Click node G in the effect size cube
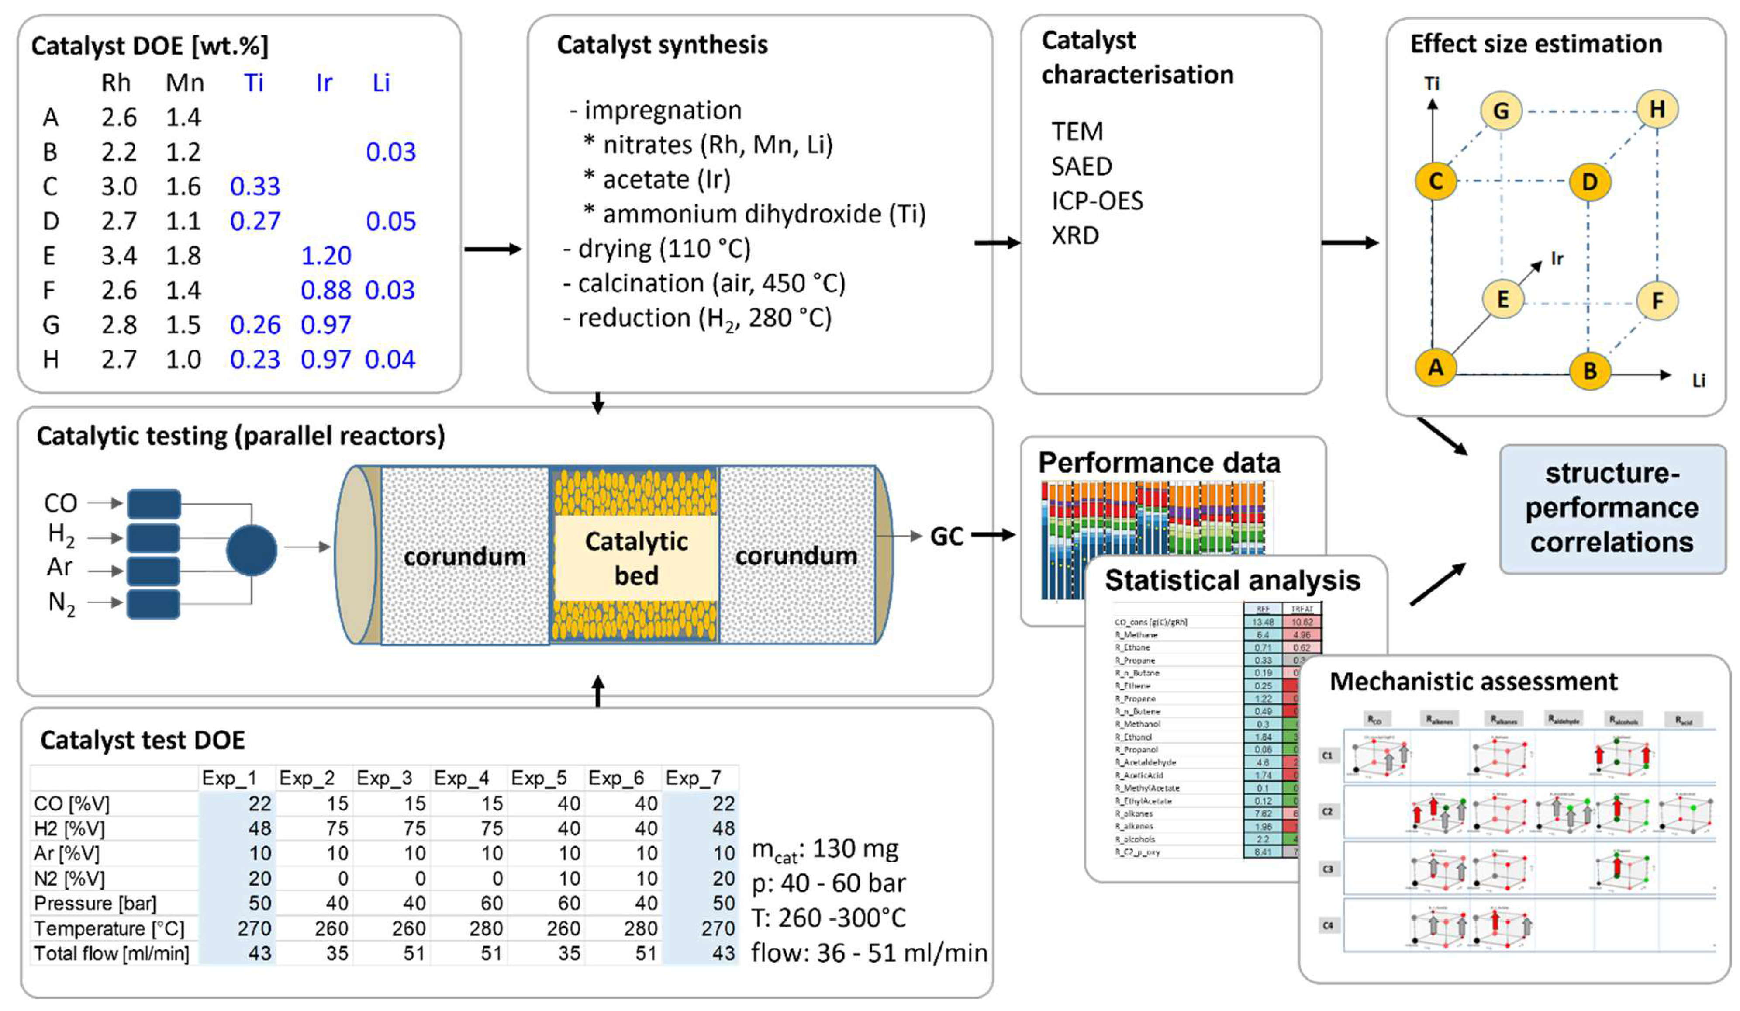[x=1501, y=111]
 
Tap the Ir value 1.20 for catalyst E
[x=326, y=256]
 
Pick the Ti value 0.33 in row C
[x=255, y=187]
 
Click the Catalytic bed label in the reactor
[x=636, y=558]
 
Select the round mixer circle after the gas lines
[x=251, y=551]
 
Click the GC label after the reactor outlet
[x=946, y=537]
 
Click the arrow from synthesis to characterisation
[x=996, y=242]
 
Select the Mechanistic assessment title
[x=1473, y=682]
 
